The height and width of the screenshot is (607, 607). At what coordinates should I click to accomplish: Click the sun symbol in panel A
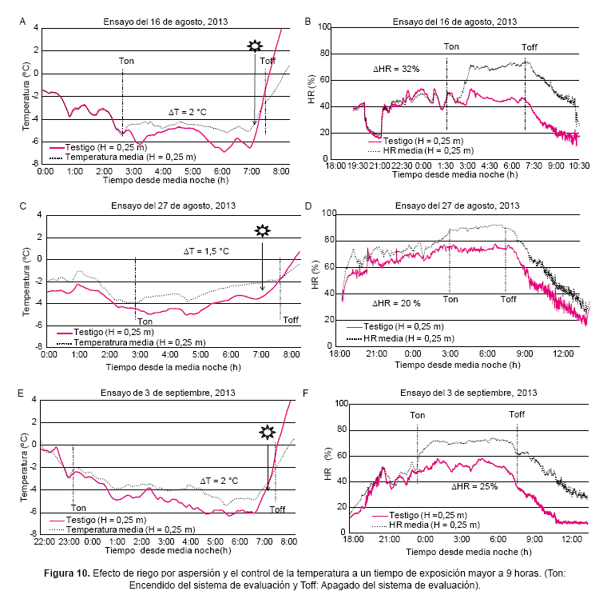tap(255, 46)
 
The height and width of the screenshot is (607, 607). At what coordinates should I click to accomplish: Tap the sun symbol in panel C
tap(262, 230)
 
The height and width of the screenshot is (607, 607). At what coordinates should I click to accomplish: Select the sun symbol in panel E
tap(268, 433)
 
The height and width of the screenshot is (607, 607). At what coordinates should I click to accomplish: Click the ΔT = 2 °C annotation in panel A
tap(187, 111)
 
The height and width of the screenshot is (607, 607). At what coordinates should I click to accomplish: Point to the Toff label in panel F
tap(517, 413)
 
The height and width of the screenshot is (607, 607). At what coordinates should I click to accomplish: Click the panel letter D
tap(309, 206)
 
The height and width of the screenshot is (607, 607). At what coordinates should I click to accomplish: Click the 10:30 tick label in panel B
tap(579, 166)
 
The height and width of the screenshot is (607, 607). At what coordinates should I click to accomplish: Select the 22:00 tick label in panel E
tap(45, 541)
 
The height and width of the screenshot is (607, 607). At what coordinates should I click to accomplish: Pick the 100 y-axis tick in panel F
tap(340, 404)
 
